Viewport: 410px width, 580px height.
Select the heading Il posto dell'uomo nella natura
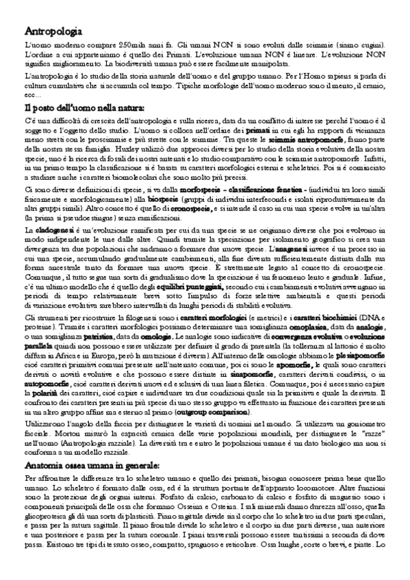coord(84,107)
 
